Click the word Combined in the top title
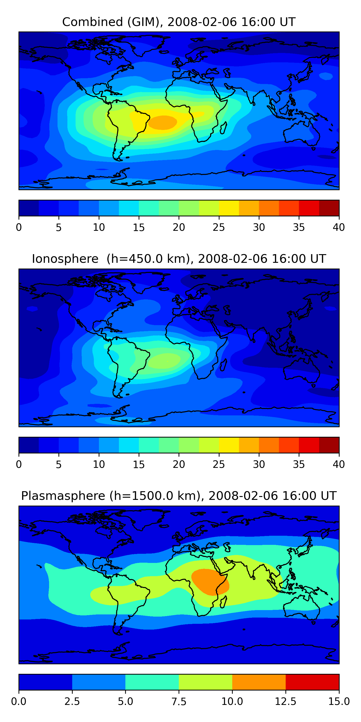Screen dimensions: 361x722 92,22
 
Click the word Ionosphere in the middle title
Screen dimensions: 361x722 65,259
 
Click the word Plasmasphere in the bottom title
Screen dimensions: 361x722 63,496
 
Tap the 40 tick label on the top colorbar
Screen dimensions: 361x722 339,227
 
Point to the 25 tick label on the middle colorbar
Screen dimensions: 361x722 219,464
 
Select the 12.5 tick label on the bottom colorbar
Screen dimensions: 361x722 285,702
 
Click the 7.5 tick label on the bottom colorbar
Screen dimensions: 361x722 179,702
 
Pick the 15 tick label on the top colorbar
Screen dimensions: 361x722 139,227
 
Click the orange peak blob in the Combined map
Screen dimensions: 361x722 162,122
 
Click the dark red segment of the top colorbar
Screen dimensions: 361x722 329,208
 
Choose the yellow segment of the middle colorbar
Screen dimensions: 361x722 229,445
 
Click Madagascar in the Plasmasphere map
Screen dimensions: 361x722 224,602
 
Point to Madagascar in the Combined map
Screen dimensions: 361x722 223,128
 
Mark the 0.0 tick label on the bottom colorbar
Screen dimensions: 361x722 19,702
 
